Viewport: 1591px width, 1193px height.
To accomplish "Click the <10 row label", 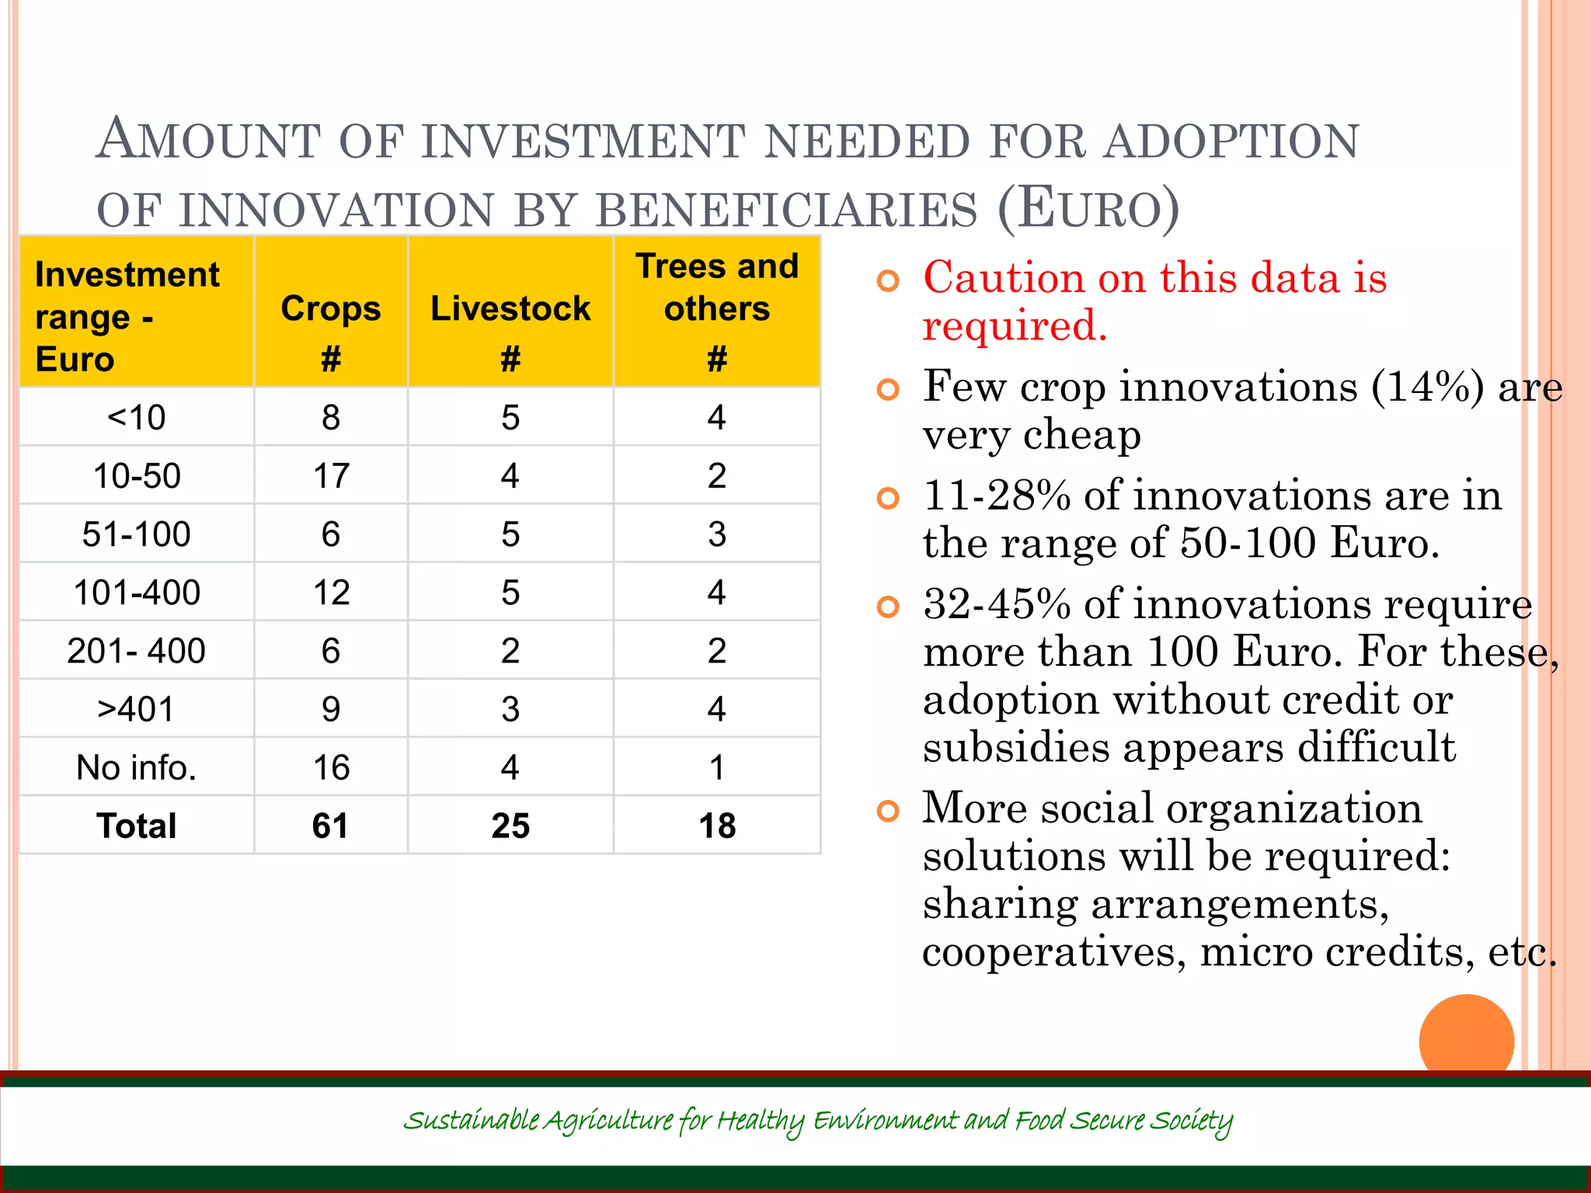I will [x=137, y=418].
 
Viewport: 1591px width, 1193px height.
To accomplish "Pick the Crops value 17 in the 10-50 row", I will [x=331, y=475].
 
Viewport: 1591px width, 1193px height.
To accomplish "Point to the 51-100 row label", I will [x=137, y=534].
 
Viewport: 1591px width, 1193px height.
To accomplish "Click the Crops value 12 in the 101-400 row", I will [x=331, y=593].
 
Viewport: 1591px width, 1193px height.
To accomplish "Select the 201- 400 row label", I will [x=137, y=651].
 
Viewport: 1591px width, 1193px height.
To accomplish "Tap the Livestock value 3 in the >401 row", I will [x=510, y=709].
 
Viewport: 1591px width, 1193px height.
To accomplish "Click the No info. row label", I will [x=137, y=767].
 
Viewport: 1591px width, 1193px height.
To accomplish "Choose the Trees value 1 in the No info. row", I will [x=717, y=767].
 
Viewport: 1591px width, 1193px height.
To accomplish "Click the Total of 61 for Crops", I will [x=331, y=826].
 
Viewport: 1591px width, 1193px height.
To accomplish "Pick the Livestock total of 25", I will [x=510, y=826].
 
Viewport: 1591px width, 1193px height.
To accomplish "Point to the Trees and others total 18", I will [x=717, y=826].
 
